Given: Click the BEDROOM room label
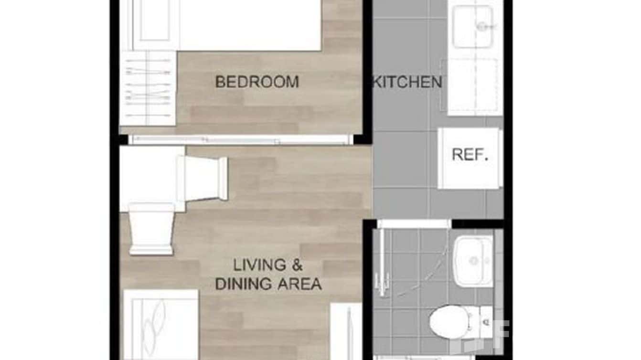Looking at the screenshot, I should [x=257, y=82].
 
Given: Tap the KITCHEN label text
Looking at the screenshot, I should [x=407, y=82].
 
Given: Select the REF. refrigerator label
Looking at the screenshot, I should [x=470, y=155].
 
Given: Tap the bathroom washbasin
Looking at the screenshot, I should [x=473, y=261].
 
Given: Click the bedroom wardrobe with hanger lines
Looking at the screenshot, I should [x=148, y=88].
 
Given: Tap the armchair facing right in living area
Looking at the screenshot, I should [x=203, y=178].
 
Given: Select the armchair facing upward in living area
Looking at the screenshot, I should [x=151, y=228].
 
